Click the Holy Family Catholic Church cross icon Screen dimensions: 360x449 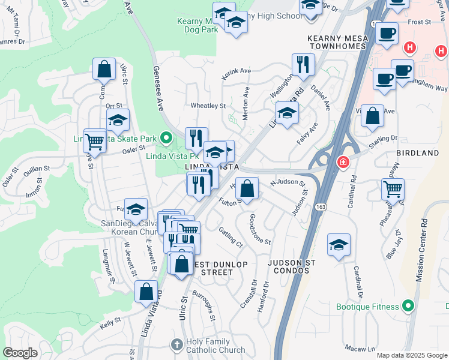click(x=176, y=345)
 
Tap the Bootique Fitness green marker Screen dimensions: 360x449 click(x=409, y=307)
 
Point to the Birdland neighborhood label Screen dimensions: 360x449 click(x=418, y=153)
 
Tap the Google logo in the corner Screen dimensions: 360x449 click(x=20, y=353)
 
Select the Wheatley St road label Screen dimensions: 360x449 click(x=208, y=106)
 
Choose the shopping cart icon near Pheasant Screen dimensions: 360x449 click(x=393, y=188)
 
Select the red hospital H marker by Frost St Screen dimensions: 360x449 click(x=411, y=47)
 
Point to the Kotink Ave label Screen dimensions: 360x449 click(x=237, y=71)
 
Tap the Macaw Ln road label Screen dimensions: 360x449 click(x=360, y=348)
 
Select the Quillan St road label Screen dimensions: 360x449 click(x=36, y=173)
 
